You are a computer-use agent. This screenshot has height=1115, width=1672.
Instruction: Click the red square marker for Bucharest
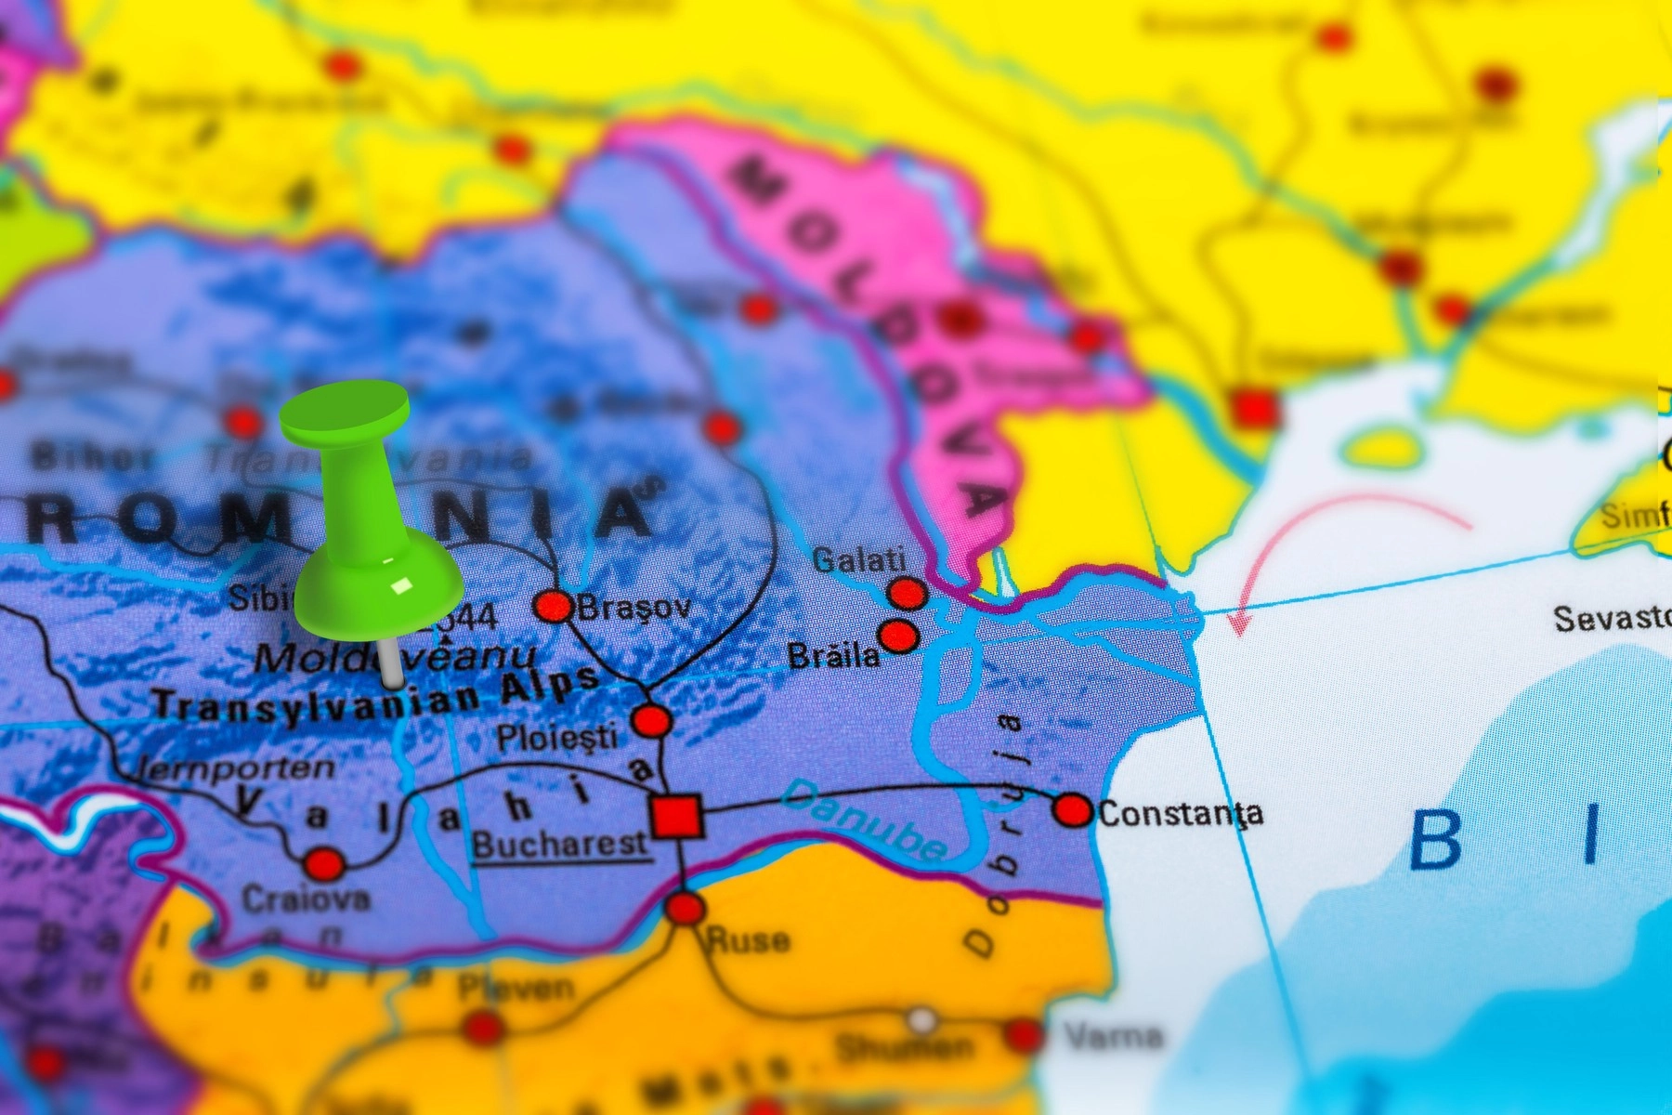point(676,817)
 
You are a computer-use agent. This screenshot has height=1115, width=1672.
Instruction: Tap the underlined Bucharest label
point(559,845)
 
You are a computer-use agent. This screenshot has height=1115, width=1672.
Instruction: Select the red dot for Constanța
point(1073,810)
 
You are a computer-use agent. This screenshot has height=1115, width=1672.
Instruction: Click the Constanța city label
point(1181,814)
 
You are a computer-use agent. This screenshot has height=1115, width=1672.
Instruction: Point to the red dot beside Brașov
point(554,607)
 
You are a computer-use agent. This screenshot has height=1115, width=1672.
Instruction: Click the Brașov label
point(635,608)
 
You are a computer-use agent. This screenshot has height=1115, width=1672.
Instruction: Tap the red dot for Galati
point(907,593)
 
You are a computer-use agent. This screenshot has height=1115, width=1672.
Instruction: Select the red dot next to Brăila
point(898,636)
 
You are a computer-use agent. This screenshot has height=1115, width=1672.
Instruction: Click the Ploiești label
point(556,739)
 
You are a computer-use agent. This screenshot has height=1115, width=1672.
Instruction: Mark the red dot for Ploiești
point(651,720)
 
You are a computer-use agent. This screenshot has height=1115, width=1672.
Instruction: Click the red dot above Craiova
point(324,864)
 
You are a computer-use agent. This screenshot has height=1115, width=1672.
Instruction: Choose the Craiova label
point(306,899)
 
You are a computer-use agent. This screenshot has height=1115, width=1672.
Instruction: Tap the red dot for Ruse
point(685,908)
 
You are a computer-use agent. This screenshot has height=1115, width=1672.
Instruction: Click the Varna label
point(1114,1035)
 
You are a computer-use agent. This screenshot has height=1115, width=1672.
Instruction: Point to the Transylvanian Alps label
point(375,697)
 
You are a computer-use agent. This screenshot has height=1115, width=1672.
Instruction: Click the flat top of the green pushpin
point(345,409)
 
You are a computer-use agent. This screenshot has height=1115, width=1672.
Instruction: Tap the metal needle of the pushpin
point(391,661)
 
